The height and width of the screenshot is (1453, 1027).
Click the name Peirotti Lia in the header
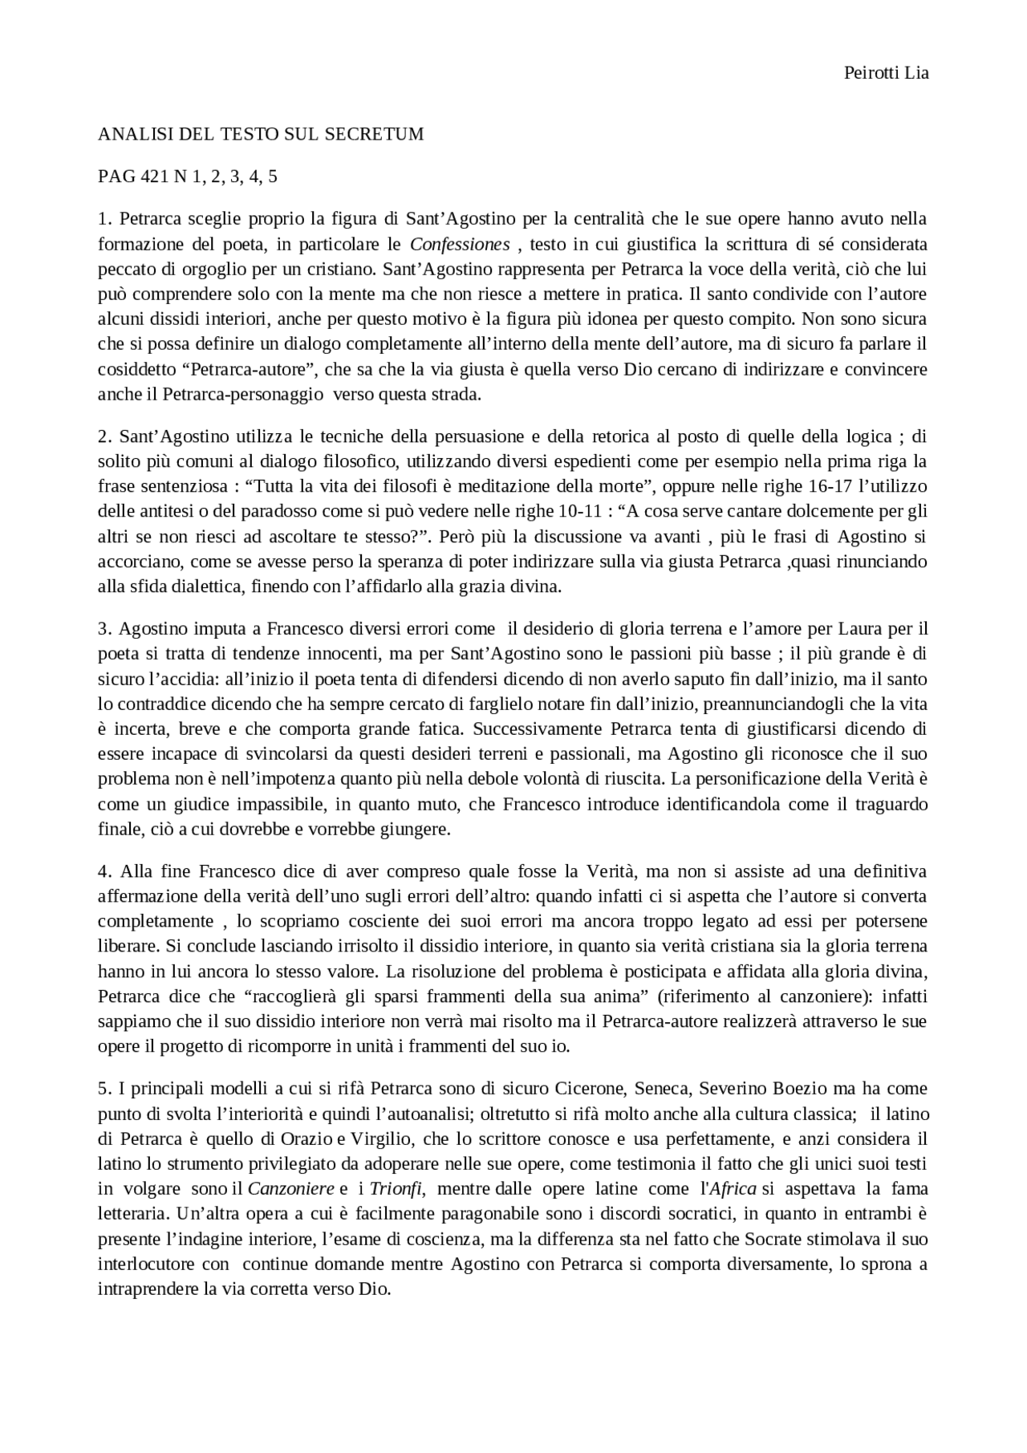point(886,73)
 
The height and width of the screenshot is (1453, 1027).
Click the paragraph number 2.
point(104,436)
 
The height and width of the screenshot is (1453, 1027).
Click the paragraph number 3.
point(104,628)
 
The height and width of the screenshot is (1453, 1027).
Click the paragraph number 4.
point(104,871)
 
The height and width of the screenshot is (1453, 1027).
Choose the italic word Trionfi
point(396,1189)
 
